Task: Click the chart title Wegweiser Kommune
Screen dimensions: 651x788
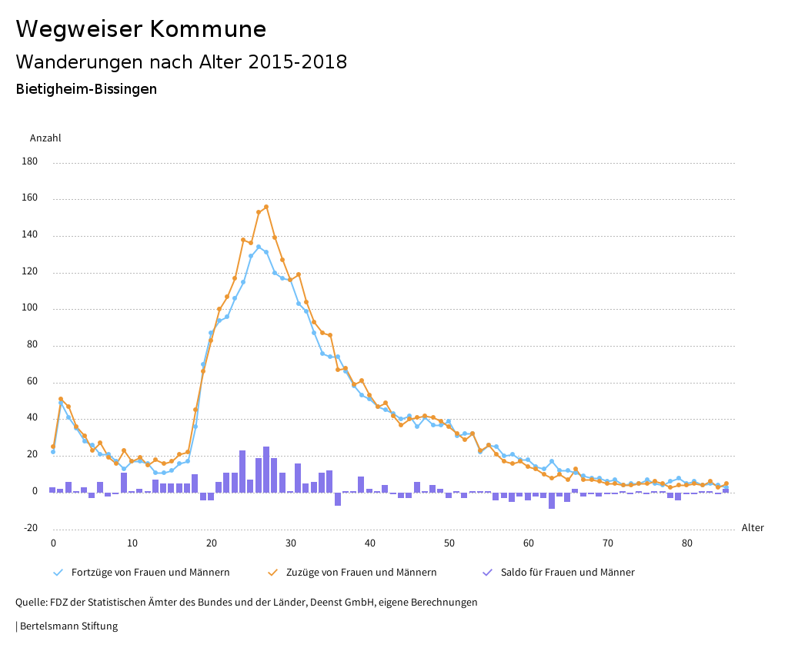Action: (141, 29)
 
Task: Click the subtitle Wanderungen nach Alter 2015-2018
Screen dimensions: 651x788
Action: (181, 62)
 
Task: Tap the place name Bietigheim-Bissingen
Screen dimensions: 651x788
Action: (86, 89)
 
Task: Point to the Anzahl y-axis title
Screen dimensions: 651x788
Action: (45, 138)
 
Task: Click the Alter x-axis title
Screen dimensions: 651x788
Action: (753, 528)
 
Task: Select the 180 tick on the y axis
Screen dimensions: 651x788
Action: (30, 162)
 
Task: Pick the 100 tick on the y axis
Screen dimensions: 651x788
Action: (30, 309)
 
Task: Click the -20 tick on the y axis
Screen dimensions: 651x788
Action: (30, 528)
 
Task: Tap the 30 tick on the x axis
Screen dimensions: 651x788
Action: (291, 543)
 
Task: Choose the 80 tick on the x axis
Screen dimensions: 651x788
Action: (687, 543)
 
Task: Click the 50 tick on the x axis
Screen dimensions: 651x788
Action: (449, 543)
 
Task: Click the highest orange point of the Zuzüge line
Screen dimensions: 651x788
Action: (266, 207)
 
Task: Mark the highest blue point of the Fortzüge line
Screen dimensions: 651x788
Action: (259, 247)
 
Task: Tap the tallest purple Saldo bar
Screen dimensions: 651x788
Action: (266, 469)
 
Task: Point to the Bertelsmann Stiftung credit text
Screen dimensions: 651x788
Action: (68, 626)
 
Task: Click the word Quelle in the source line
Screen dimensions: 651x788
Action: (31, 603)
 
